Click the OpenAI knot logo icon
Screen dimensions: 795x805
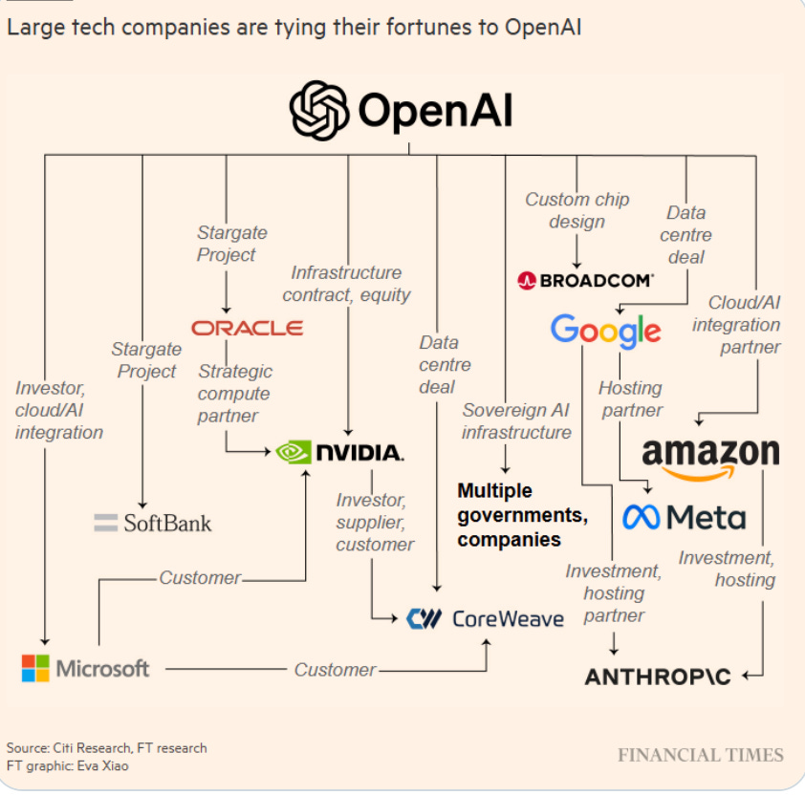click(x=320, y=111)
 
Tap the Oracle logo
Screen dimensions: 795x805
click(x=247, y=328)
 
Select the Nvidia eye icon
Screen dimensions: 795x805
click(x=294, y=452)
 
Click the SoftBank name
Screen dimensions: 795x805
click(x=167, y=523)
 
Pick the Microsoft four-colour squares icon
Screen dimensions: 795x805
click(x=35, y=668)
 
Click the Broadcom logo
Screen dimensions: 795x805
click(x=585, y=280)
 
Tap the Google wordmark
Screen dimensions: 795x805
click(x=605, y=332)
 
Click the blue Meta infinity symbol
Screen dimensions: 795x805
click(x=642, y=517)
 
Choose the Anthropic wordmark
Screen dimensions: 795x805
click(x=658, y=677)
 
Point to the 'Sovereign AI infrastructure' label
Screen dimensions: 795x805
click(x=516, y=420)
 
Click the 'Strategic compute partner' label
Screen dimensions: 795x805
click(x=234, y=394)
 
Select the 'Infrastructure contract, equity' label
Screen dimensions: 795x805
click(x=346, y=284)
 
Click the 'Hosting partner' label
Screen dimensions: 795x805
click(x=630, y=398)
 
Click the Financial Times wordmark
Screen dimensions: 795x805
click(x=700, y=755)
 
